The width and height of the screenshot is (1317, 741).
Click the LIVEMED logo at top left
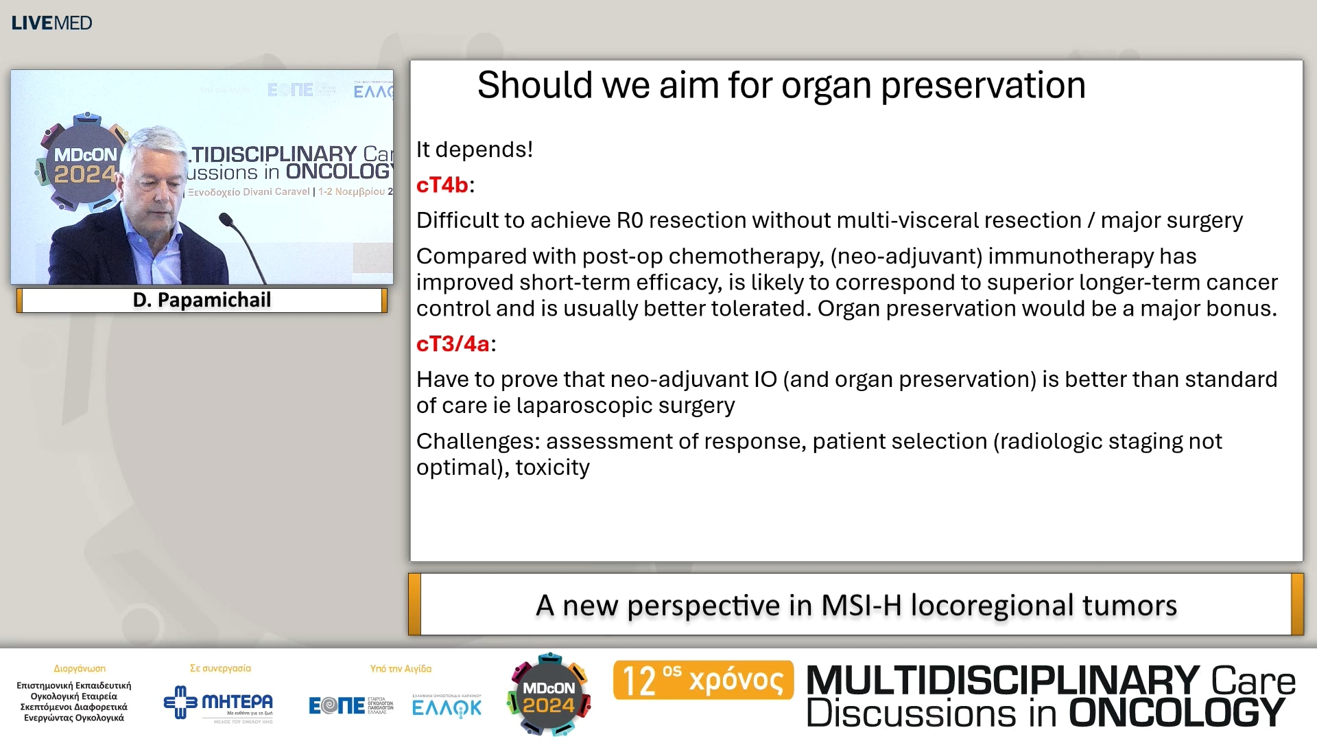coord(51,23)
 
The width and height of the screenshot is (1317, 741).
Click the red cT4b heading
coord(442,185)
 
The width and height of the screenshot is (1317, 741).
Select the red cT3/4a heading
coord(453,344)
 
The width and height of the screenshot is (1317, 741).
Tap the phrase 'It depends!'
coord(475,150)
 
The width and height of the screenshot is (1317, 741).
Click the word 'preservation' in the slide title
coord(982,86)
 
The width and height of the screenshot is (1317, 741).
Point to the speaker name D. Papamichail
coord(202,300)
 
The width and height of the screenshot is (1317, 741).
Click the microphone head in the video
coord(226,220)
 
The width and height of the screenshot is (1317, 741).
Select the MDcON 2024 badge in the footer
coord(549,696)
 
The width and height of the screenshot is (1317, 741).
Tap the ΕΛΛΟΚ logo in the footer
coord(447,707)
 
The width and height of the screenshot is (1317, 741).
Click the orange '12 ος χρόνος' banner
coord(703,680)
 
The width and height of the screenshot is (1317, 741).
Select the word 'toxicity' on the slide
coord(552,467)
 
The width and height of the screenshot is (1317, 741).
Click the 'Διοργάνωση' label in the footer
coord(80,668)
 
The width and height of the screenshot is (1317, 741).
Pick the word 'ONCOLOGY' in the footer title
coord(1176,713)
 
